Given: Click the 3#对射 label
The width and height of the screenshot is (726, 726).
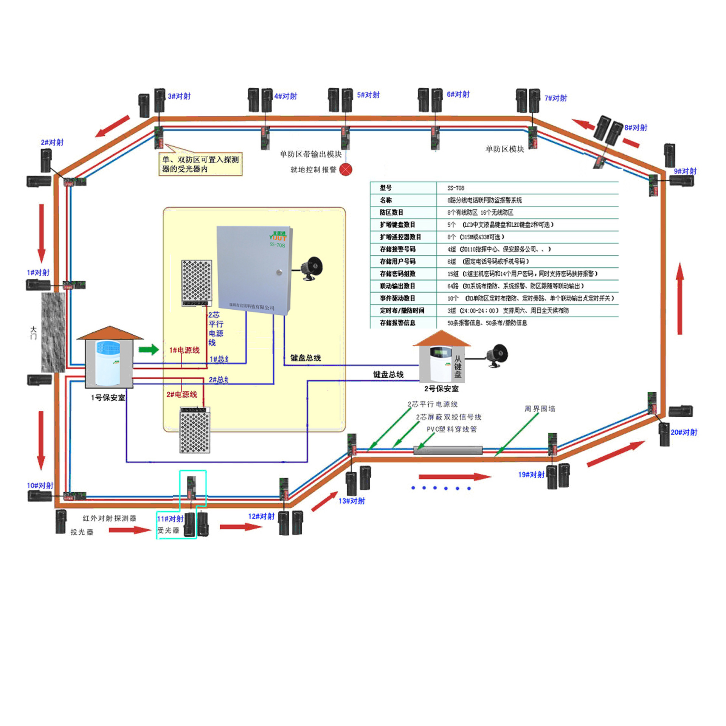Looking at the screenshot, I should (179, 96).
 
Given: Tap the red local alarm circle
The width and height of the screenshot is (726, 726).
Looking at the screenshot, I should (346, 169).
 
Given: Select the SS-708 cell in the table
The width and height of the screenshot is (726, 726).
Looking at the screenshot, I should (456, 188).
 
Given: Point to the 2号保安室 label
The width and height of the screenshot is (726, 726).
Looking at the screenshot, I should (441, 389).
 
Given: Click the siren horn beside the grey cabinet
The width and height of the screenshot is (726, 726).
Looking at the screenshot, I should (312, 268).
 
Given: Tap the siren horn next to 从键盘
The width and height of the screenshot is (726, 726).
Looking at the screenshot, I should (497, 355).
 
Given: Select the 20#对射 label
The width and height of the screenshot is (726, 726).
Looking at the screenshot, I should (684, 432).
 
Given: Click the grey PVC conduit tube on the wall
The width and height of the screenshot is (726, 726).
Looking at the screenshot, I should (448, 450).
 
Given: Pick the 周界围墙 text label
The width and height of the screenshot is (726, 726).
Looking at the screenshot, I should (540, 409).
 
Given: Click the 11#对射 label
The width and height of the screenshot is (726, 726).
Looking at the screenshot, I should (170, 519).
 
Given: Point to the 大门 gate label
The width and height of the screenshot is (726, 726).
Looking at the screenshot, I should (34, 333).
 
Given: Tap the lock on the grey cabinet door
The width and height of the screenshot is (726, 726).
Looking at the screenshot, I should (279, 272).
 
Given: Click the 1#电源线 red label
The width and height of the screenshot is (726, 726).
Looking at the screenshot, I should (185, 350).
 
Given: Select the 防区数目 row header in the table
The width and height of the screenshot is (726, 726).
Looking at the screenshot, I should (392, 213).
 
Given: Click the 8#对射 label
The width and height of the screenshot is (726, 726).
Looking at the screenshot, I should (636, 128).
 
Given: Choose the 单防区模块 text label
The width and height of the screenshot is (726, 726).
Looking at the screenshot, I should (505, 149).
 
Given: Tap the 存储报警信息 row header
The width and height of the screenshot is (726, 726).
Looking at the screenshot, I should (397, 323).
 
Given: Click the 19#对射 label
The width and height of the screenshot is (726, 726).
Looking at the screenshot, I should (531, 475).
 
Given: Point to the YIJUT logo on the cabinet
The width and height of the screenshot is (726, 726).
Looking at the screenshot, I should (278, 237).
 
